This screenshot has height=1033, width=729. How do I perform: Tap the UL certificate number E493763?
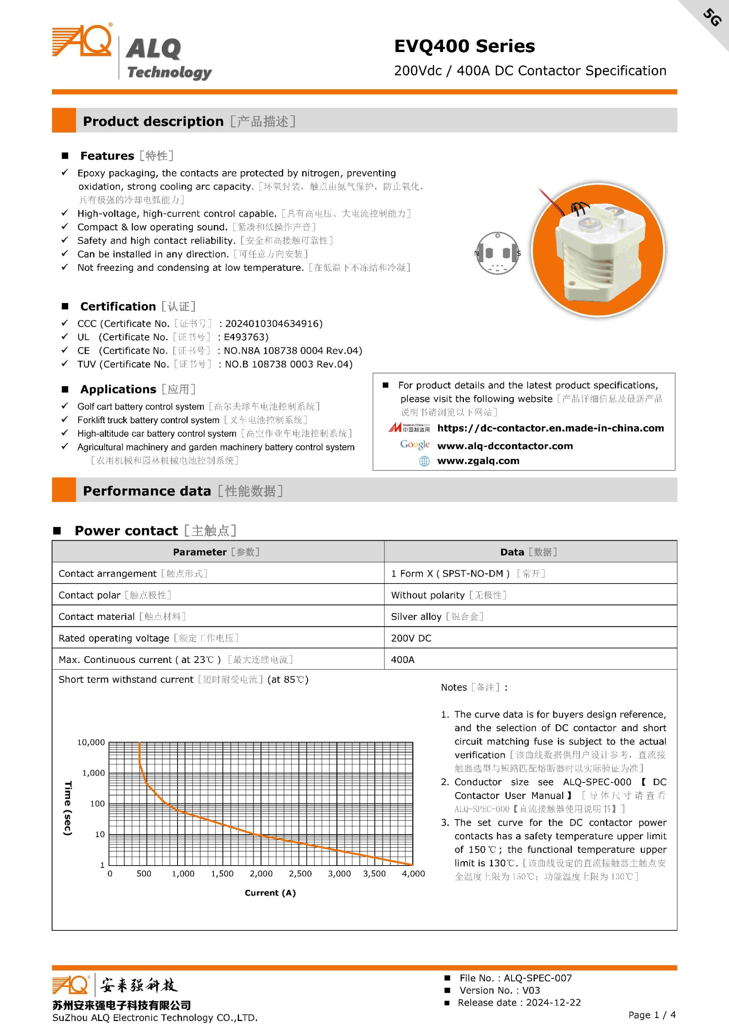pyautogui.click(x=246, y=337)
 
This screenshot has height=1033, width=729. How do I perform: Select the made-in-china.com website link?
pyautogui.click(x=550, y=428)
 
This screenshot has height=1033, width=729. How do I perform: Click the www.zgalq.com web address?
pyautogui.click(x=478, y=461)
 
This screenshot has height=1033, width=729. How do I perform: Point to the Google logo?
pyautogui.click(x=415, y=445)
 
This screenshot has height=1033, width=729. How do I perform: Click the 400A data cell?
pyautogui.click(x=403, y=660)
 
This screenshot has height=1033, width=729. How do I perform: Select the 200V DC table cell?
pyautogui.click(x=411, y=638)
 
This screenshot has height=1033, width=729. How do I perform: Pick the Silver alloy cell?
pyautogui.click(x=416, y=617)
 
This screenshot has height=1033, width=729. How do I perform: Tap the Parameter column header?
pyautogui.click(x=200, y=552)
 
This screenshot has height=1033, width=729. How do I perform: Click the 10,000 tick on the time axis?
pyautogui.click(x=91, y=742)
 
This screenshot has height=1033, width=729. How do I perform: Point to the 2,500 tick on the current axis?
pyautogui.click(x=300, y=874)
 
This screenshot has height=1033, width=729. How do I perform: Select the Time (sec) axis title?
pyautogui.click(x=68, y=809)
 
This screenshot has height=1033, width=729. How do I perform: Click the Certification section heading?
pyautogui.click(x=118, y=306)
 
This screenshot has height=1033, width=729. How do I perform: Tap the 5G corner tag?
pyautogui.click(x=712, y=17)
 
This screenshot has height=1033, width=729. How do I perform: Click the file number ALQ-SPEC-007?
pyautogui.click(x=537, y=978)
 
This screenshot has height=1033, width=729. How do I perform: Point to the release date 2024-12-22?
pyautogui.click(x=553, y=1002)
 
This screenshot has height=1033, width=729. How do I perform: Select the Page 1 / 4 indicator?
pyautogui.click(x=652, y=1014)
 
